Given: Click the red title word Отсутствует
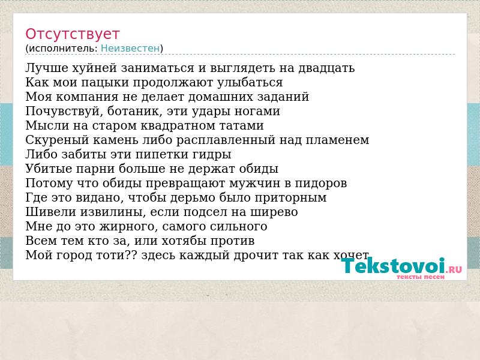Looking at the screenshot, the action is pyautogui.click(x=72, y=34).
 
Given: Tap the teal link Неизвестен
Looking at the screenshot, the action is pyautogui.click(x=130, y=49).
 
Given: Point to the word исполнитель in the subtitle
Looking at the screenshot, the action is pyautogui.click(x=63, y=49).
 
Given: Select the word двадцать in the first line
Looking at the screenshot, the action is pyautogui.click(x=326, y=68).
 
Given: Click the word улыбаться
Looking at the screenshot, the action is pyautogui.click(x=250, y=83).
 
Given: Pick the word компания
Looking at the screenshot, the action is pyautogui.click(x=87, y=97).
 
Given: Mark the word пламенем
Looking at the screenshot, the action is pyautogui.click(x=337, y=140).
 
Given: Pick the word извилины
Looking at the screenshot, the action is pyautogui.click(x=113, y=212).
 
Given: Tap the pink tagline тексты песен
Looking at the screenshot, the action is pyautogui.click(x=421, y=277).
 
